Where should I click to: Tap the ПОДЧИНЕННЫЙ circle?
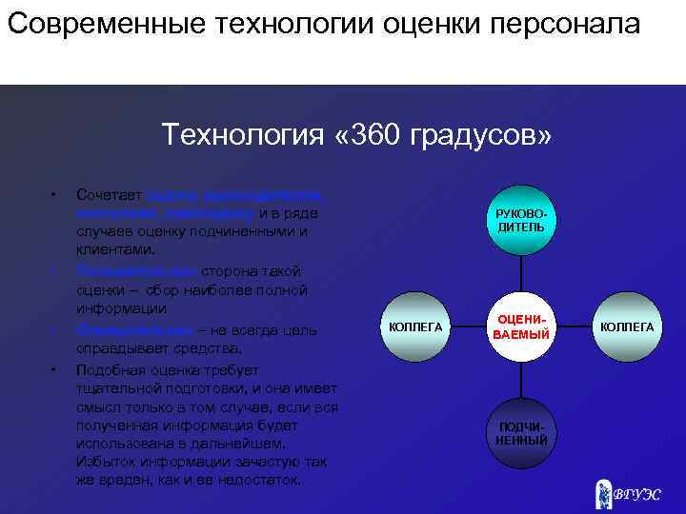521,433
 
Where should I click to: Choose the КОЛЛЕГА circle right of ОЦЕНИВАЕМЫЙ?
626,326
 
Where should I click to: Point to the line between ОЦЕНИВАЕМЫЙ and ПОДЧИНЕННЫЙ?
521,380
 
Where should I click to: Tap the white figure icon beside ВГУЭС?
600,490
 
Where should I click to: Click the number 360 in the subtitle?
364,135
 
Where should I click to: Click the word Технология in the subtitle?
239,135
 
